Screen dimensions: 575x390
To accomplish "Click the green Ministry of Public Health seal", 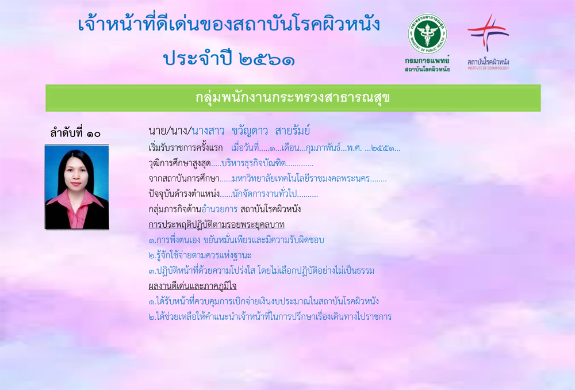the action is coord(427,34).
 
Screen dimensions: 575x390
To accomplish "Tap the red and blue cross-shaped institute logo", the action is coord(488,32).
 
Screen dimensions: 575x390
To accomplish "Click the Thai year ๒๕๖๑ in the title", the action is coord(267,59).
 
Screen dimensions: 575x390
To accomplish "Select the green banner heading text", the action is coord(292,98).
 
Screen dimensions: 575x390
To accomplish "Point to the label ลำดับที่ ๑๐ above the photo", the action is coord(75,133).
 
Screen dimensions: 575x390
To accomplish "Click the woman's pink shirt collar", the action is coord(77,200).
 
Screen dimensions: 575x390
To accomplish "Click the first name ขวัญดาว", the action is coord(250,130).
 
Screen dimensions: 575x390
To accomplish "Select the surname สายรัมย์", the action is coord(293,130).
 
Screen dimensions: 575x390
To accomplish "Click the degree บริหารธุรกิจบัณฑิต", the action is coord(254,163).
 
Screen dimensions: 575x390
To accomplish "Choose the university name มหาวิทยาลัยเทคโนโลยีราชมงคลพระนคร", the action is coord(301,179).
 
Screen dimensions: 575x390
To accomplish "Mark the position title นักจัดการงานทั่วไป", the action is coord(264,194).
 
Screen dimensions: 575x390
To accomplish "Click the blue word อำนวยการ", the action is coord(219,209).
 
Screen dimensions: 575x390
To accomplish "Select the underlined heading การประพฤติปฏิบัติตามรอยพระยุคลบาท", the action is coord(216,224).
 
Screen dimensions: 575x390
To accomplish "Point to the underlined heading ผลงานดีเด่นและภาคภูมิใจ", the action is coord(193,286).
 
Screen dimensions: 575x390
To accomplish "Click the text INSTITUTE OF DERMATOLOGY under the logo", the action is coord(488,68).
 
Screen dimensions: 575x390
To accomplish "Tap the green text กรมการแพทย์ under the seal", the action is coord(427,60).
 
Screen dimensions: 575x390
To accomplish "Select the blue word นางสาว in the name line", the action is coord(208,131).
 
